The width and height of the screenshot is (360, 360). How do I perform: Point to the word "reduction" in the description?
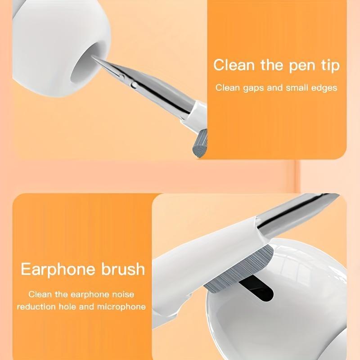click(40, 307)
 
